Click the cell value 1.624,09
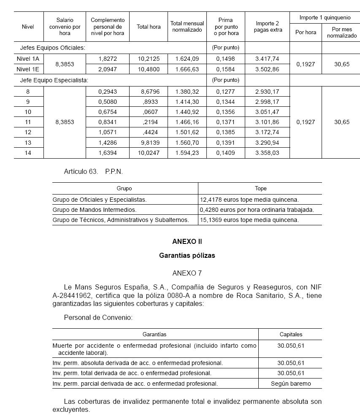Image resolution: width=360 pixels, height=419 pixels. (x=187, y=59)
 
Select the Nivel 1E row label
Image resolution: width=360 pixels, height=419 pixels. (x=28, y=69)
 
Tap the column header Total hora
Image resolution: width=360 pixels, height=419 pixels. (x=149, y=27)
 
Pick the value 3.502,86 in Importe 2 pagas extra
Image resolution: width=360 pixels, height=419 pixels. (x=267, y=69)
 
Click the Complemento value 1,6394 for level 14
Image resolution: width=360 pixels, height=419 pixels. (x=108, y=153)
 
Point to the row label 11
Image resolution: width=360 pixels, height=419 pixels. (x=28, y=122)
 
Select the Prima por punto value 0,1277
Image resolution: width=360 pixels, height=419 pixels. (x=225, y=91)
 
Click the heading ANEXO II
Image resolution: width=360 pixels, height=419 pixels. (x=187, y=242)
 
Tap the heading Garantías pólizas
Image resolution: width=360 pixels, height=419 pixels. (x=187, y=256)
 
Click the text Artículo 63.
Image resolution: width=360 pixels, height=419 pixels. (x=81, y=172)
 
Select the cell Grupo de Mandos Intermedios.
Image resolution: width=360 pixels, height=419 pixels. (x=95, y=210)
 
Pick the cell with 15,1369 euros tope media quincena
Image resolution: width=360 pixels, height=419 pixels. (x=249, y=220)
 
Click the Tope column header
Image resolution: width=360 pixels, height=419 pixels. (x=260, y=189)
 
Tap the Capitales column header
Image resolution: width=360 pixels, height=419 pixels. (x=291, y=334)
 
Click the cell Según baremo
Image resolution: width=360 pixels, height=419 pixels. (x=291, y=384)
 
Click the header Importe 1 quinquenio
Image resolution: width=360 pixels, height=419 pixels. (x=325, y=18)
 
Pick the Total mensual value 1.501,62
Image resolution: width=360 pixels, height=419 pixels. (x=187, y=132)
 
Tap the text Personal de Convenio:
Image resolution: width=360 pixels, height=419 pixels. (x=98, y=317)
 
